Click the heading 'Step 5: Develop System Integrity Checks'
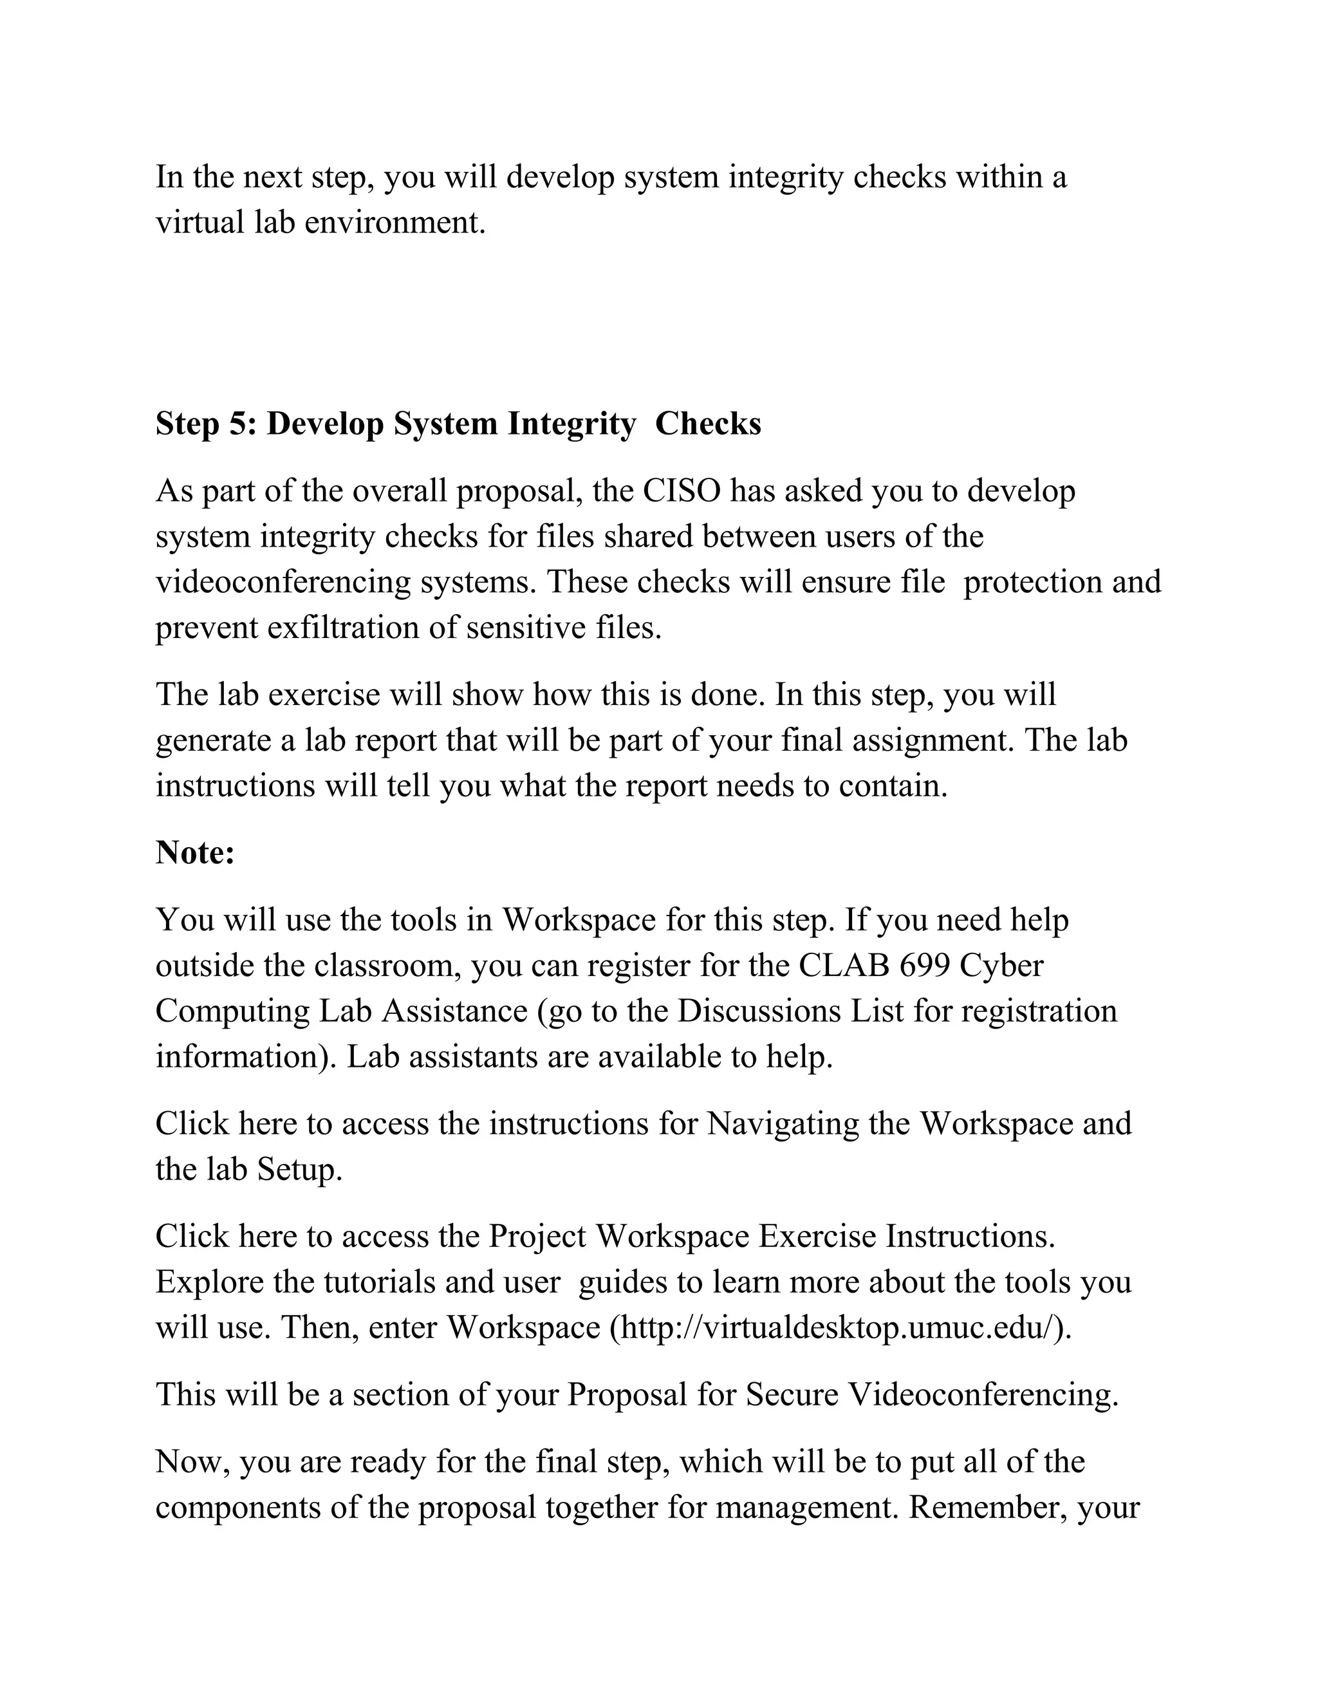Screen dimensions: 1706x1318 tap(458, 424)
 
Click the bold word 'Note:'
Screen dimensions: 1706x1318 tap(195, 852)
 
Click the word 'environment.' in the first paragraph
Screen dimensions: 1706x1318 tap(395, 223)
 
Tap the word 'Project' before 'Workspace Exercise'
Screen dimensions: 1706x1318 tap(537, 1237)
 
